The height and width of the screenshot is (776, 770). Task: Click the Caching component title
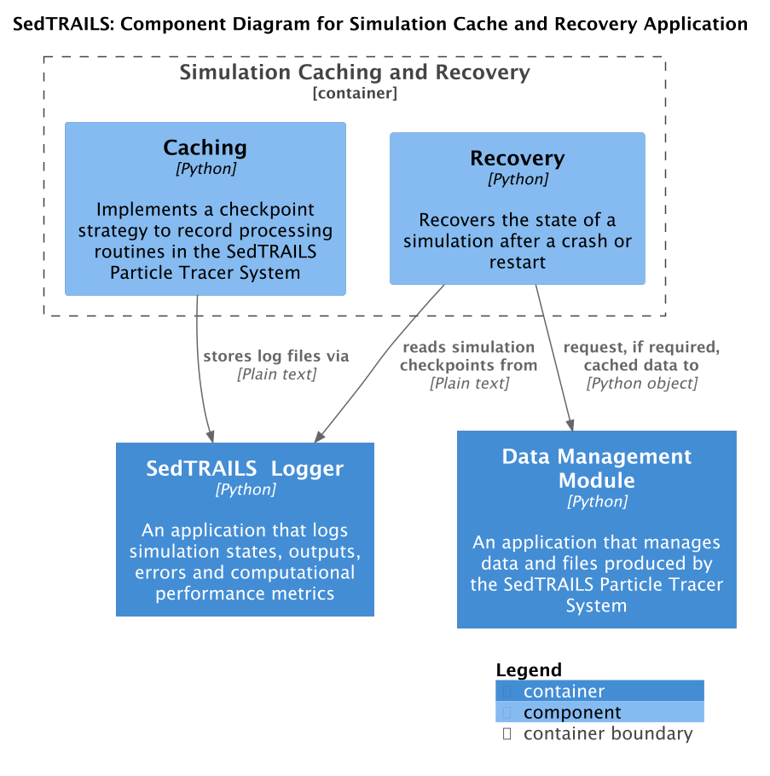[x=205, y=148]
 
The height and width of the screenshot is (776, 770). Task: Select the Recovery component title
[x=517, y=159]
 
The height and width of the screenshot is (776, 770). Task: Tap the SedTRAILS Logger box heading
[x=245, y=468]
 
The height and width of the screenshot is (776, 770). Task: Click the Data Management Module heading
[x=596, y=468]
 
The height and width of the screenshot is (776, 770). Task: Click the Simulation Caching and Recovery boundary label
[x=355, y=72]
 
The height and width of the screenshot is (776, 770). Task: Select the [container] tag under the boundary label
[x=355, y=93]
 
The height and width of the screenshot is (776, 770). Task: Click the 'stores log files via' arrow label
[x=275, y=356]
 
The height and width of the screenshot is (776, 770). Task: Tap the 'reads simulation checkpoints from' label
[x=469, y=356]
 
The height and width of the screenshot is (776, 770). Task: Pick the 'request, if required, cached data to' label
[x=641, y=356]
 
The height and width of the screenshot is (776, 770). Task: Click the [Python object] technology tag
[x=641, y=384]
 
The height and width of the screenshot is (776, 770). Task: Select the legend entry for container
[x=564, y=692]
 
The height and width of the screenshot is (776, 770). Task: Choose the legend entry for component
[x=571, y=713]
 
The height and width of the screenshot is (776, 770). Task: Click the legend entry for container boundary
[x=607, y=734]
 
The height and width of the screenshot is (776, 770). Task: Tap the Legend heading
[x=529, y=670]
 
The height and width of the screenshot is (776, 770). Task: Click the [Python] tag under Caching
[x=206, y=169]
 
